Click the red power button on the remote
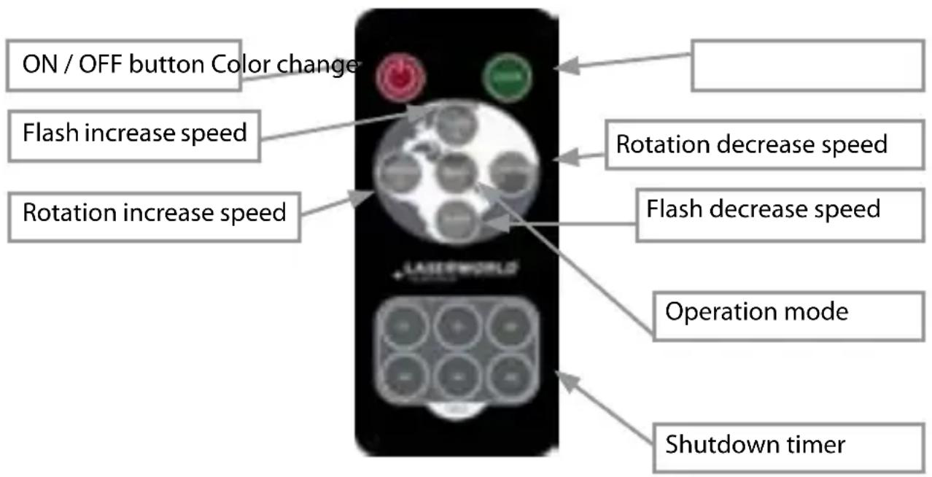(400, 75)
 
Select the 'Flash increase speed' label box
(134, 133)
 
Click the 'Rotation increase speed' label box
(154, 213)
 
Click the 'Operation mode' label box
(788, 313)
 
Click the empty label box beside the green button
(807, 66)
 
